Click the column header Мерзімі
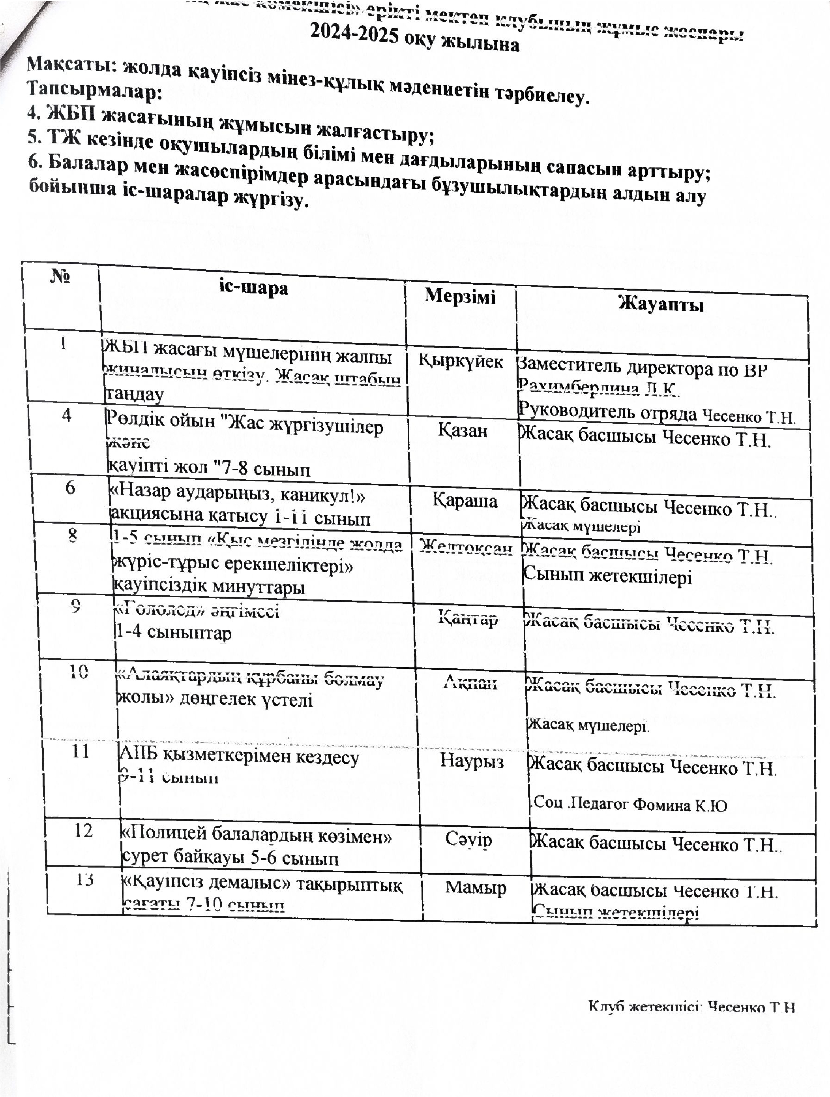tap(460, 296)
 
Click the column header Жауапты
tap(661, 304)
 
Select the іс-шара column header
tap(253, 287)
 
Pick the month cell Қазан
tap(462, 430)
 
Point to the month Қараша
tap(464, 500)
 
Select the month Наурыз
tap(472, 761)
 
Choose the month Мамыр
tap(476, 887)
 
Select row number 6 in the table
tap(70, 488)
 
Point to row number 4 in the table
tap(66, 415)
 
